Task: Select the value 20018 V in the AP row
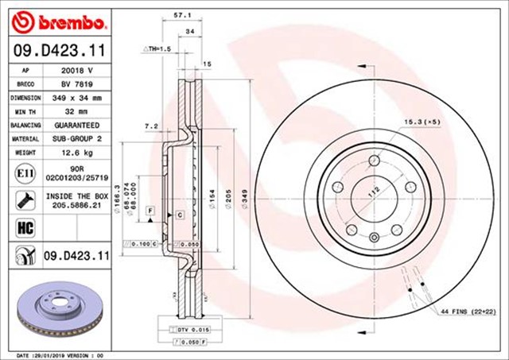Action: tap(77, 70)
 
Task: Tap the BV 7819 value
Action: tap(77, 83)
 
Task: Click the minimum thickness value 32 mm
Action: tap(77, 111)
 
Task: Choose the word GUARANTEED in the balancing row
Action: tap(77, 126)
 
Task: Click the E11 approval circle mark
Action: tap(23, 173)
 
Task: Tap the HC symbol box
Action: tap(23, 228)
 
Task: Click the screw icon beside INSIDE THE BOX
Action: tap(23, 199)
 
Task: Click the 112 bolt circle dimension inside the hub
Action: tap(371, 191)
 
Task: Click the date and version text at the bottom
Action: tap(60, 354)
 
